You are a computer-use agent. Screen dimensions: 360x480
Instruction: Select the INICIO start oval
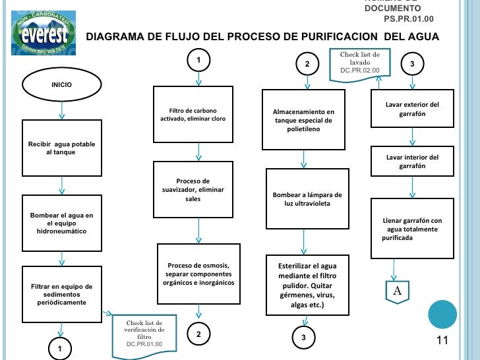pos(62,84)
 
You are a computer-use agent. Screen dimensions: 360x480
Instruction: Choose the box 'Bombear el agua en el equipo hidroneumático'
pos(62,224)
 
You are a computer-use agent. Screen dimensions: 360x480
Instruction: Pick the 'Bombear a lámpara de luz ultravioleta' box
pos(307,198)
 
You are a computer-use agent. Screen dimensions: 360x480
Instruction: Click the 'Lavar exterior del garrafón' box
pos(412,109)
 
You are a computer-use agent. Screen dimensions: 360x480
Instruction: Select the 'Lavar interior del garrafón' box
pos(412,162)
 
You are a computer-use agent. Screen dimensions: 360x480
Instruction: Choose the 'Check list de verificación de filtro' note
pos(144,333)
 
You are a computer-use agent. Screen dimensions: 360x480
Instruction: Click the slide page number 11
pos(442,340)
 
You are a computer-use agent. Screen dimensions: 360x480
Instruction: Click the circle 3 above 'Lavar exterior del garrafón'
pos(412,64)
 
